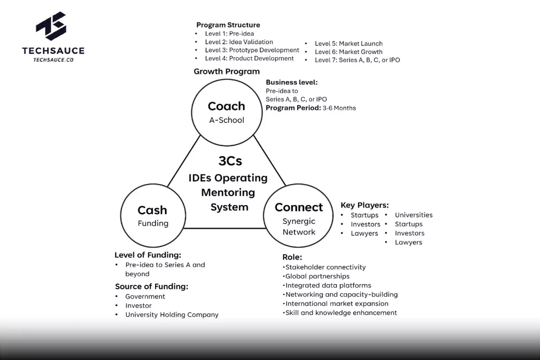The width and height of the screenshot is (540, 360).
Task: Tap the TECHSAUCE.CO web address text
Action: click(53, 59)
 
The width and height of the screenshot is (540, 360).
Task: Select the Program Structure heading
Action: click(228, 25)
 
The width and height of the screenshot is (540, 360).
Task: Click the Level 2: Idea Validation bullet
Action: click(238, 42)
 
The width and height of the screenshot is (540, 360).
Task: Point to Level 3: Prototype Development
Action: click(252, 50)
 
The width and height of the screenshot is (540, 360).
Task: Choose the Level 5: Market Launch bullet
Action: click(348, 44)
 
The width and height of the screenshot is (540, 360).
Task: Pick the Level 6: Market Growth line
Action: click(348, 52)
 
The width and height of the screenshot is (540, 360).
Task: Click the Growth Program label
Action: click(226, 71)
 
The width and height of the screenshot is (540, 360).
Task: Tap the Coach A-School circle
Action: click(226, 112)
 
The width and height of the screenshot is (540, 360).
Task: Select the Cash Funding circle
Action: click(153, 216)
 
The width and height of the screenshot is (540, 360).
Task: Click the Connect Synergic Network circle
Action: click(299, 219)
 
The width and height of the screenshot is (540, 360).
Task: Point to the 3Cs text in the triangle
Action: click(230, 161)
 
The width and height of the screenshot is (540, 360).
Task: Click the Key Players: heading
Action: click(364, 205)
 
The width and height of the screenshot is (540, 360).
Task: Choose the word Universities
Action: click(414, 215)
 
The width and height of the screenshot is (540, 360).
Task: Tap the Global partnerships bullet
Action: click(317, 276)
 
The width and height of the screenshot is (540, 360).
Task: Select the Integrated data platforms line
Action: click(328, 285)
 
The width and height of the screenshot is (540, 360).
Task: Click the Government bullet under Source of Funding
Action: click(145, 297)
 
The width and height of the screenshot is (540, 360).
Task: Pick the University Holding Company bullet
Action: click(171, 315)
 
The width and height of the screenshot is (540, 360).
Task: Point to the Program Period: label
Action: click(292, 108)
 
